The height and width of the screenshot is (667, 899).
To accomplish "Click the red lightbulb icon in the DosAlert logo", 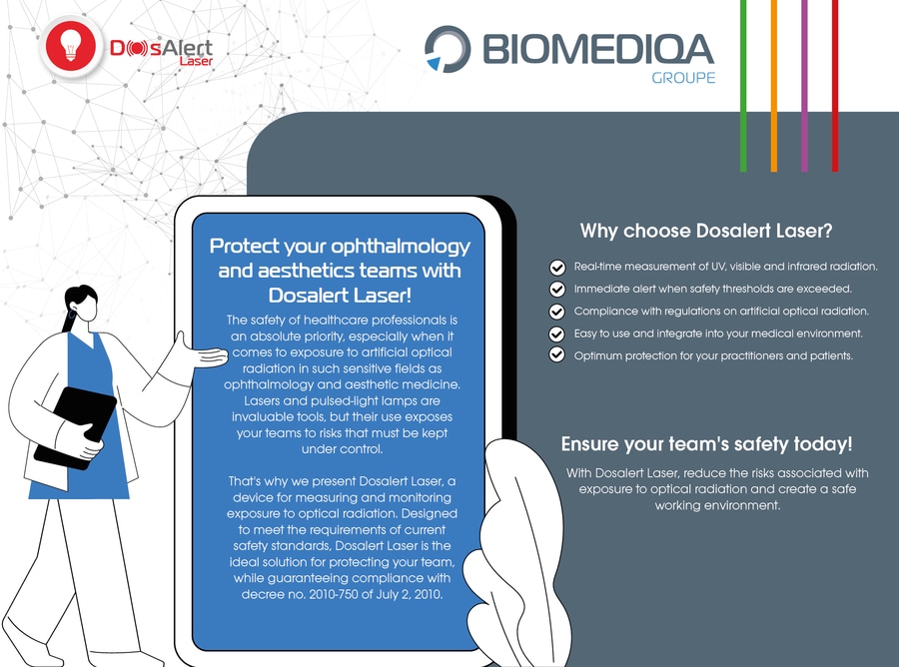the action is pyautogui.click(x=71, y=46).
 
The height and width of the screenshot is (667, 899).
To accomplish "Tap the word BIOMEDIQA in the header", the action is pyautogui.click(x=598, y=49).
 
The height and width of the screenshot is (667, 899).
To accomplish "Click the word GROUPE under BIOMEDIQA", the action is pyautogui.click(x=683, y=77).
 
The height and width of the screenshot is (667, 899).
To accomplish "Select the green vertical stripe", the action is pyautogui.click(x=743, y=86).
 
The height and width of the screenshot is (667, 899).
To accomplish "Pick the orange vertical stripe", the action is pyautogui.click(x=774, y=86).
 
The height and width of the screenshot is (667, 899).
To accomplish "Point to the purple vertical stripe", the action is pyautogui.click(x=804, y=86).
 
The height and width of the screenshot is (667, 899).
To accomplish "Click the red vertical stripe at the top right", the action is pyautogui.click(x=835, y=86).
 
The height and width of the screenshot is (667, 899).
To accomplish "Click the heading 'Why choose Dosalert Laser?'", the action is pyautogui.click(x=706, y=231).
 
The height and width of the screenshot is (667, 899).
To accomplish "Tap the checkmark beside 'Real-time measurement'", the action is pyautogui.click(x=556, y=267).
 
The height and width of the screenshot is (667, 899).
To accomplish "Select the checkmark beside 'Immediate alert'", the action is pyautogui.click(x=556, y=290).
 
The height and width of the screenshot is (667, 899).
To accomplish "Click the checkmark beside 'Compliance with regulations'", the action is pyautogui.click(x=556, y=312).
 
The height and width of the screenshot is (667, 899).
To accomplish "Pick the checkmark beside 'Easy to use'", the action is pyautogui.click(x=556, y=334).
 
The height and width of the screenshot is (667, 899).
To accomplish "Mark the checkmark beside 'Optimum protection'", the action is pyautogui.click(x=556, y=355).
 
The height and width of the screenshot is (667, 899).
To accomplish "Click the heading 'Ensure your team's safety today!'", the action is pyautogui.click(x=707, y=444).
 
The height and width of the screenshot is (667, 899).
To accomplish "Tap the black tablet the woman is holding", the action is pyautogui.click(x=75, y=427).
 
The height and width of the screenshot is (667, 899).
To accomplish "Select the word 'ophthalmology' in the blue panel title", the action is pyautogui.click(x=401, y=247).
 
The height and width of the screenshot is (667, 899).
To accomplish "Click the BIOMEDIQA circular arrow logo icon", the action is pyautogui.click(x=448, y=49).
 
